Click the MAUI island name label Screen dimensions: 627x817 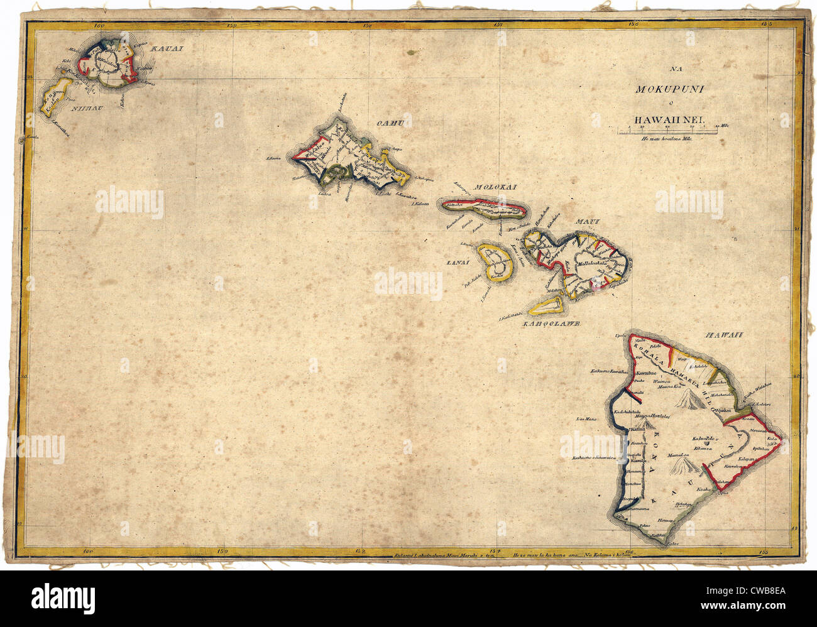(591, 221)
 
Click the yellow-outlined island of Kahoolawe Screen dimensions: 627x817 (546, 306)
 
